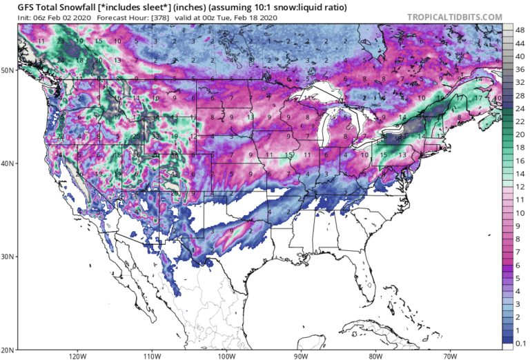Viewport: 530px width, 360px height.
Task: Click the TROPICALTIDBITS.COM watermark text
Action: [464, 17]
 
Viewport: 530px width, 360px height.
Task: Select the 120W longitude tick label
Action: [77, 356]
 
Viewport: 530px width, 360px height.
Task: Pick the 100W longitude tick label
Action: [226, 356]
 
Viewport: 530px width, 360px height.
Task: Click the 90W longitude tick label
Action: [301, 356]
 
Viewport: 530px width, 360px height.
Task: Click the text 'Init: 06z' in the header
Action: [21, 17]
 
